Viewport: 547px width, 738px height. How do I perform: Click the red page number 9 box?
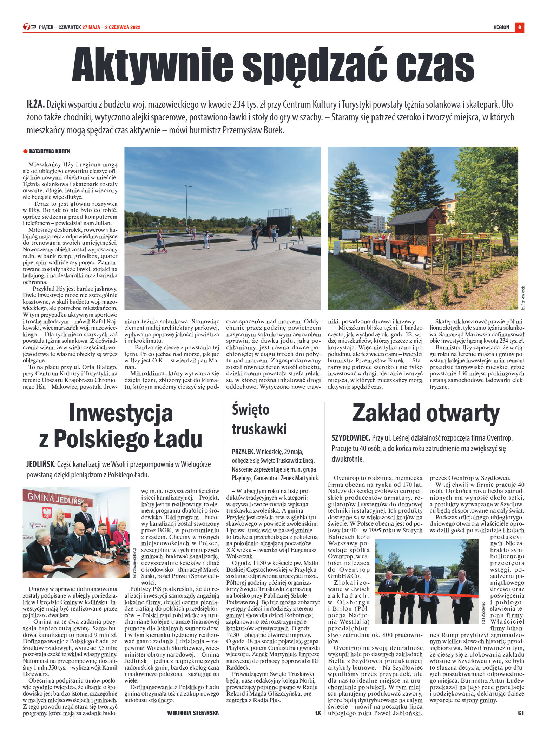[x=519, y=27]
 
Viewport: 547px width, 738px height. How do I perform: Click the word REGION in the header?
[x=501, y=27]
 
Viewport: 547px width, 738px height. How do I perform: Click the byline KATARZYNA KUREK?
[x=50, y=151]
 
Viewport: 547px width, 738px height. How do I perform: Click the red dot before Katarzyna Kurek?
[x=25, y=151]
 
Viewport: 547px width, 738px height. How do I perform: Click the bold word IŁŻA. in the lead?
[x=35, y=105]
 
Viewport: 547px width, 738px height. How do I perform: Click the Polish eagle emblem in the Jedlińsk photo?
[x=47, y=513]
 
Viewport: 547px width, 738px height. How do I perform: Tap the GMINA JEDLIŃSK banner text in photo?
[x=56, y=498]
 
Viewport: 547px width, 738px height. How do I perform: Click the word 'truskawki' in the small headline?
[x=259, y=429]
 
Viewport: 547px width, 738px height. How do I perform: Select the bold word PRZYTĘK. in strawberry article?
[x=243, y=452]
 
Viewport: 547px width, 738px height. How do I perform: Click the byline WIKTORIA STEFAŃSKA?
[x=193, y=713]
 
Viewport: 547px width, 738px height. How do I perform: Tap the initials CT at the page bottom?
[x=521, y=713]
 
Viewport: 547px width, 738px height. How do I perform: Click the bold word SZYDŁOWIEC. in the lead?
[x=351, y=438]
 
